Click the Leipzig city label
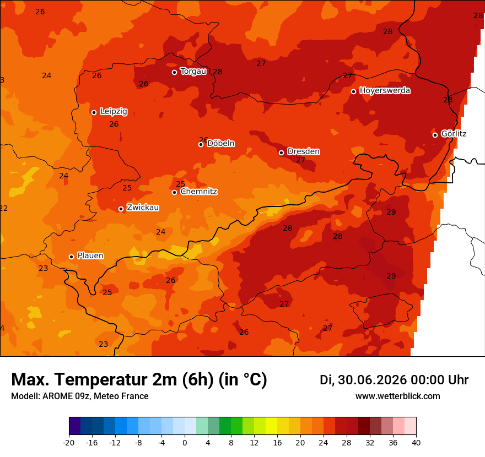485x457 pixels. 114,111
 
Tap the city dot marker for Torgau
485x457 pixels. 175,72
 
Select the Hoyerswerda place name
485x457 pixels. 385,90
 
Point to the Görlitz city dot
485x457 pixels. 435,135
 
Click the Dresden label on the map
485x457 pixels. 304,151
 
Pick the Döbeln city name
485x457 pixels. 221,143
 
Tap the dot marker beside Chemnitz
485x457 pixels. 175,192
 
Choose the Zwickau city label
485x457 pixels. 143,208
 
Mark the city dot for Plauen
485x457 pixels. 71,257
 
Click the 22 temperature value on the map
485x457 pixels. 3,208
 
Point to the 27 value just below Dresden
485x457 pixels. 301,160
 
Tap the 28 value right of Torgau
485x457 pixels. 218,72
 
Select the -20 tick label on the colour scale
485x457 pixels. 69,443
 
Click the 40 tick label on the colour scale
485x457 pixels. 416,443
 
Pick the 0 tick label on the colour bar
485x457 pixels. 185,443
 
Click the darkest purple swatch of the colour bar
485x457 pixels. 75,426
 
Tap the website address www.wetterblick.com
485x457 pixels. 398,396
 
